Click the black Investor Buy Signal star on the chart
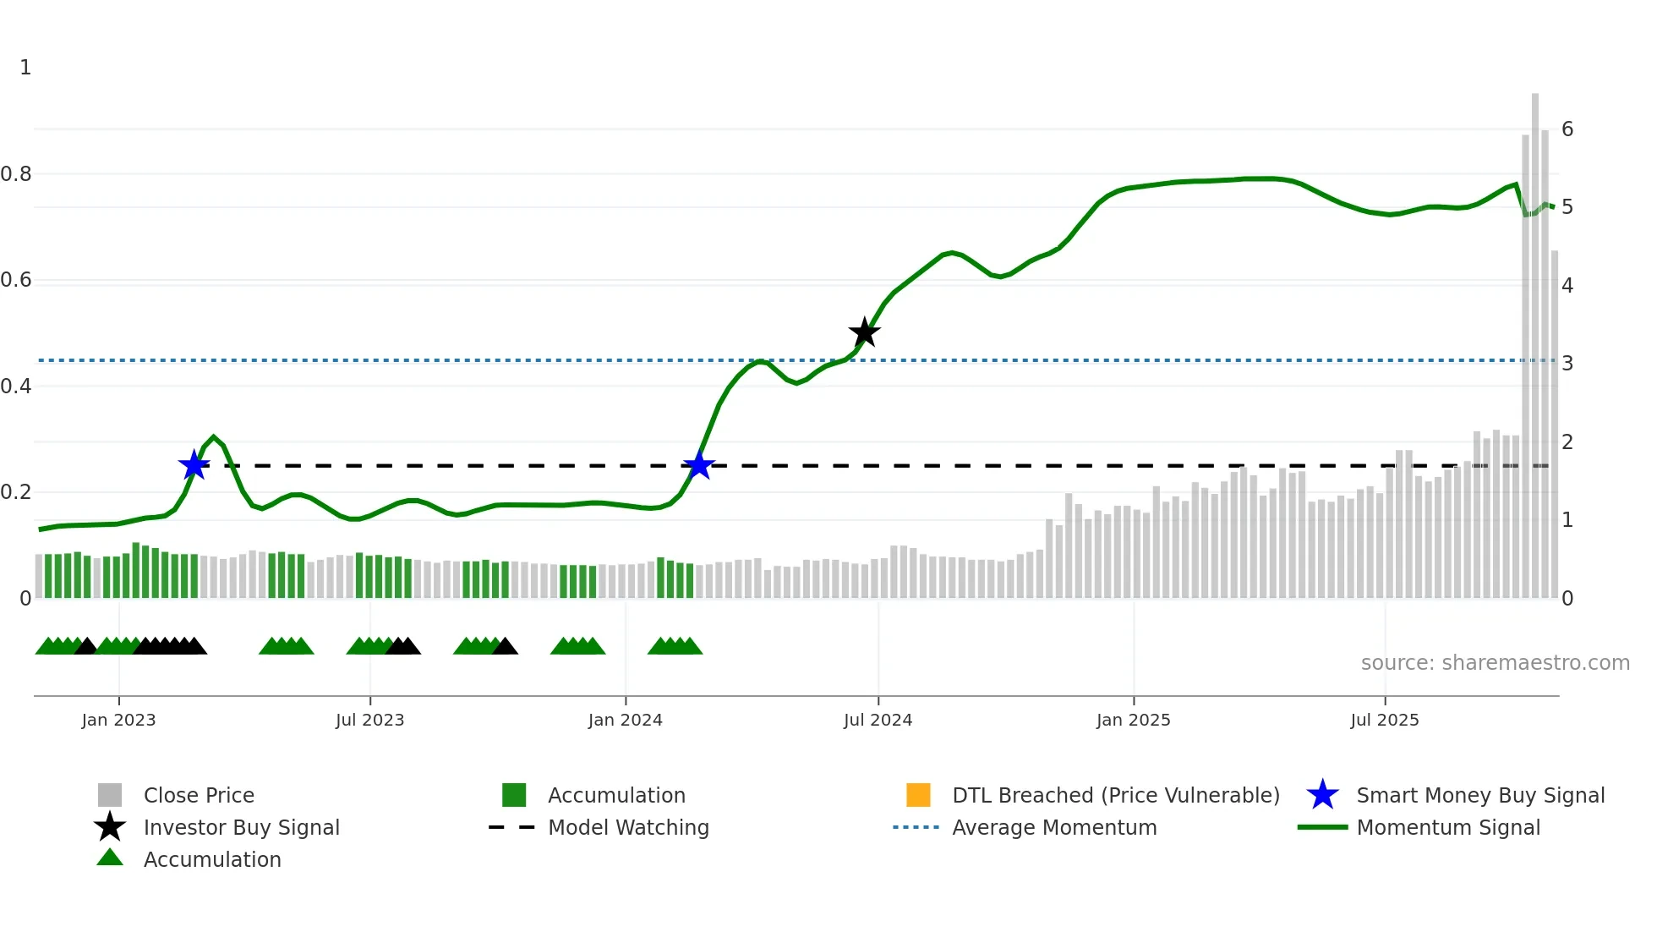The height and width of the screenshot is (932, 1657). (x=864, y=332)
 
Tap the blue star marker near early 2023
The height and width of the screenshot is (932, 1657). (x=194, y=464)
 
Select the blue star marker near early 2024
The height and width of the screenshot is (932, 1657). (x=699, y=464)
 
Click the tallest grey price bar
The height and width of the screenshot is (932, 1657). (x=1535, y=338)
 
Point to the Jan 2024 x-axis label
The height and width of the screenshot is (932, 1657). (x=625, y=720)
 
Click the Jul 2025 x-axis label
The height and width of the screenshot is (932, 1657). (x=1384, y=720)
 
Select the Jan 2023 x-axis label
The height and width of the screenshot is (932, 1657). (x=118, y=720)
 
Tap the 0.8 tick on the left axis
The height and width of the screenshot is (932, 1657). (x=16, y=174)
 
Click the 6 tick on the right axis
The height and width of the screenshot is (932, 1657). (x=1567, y=129)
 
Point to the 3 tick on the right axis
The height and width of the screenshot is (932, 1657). (x=1567, y=364)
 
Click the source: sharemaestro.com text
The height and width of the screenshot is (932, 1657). (x=1495, y=663)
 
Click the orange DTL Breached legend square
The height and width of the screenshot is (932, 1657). (x=918, y=795)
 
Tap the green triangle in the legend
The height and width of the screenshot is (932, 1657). (x=110, y=858)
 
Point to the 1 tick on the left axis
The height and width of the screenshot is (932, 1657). (x=25, y=68)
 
